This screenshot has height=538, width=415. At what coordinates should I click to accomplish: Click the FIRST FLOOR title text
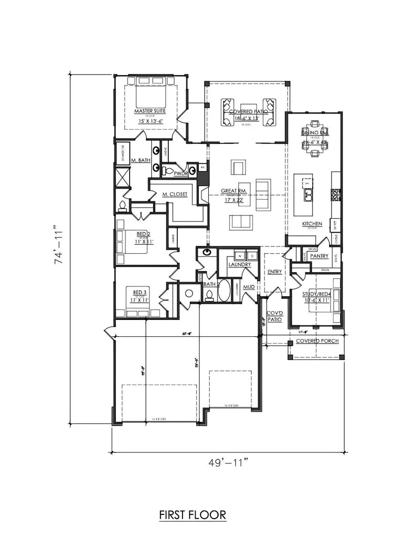[x=193, y=514]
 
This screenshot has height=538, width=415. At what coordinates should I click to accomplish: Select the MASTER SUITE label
[x=149, y=112]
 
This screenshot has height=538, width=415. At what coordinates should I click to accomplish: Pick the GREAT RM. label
[x=220, y=192]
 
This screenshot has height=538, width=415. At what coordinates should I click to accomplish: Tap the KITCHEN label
[x=312, y=224]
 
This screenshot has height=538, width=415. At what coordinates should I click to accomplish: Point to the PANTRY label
[x=319, y=256]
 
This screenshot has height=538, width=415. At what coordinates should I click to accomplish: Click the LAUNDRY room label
[x=239, y=265]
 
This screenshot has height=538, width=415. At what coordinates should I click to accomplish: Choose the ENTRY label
[x=274, y=272]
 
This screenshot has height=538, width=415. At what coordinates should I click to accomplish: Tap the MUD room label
[x=249, y=287]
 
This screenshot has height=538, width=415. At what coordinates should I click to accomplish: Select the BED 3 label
[x=139, y=292]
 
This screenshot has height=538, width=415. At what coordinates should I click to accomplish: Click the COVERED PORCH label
[x=317, y=341]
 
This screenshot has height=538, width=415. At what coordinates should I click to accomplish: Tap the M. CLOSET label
[x=175, y=194]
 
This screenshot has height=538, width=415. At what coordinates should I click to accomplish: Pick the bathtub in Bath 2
[x=224, y=291]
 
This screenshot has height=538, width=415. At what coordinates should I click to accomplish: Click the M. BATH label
[x=141, y=160]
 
